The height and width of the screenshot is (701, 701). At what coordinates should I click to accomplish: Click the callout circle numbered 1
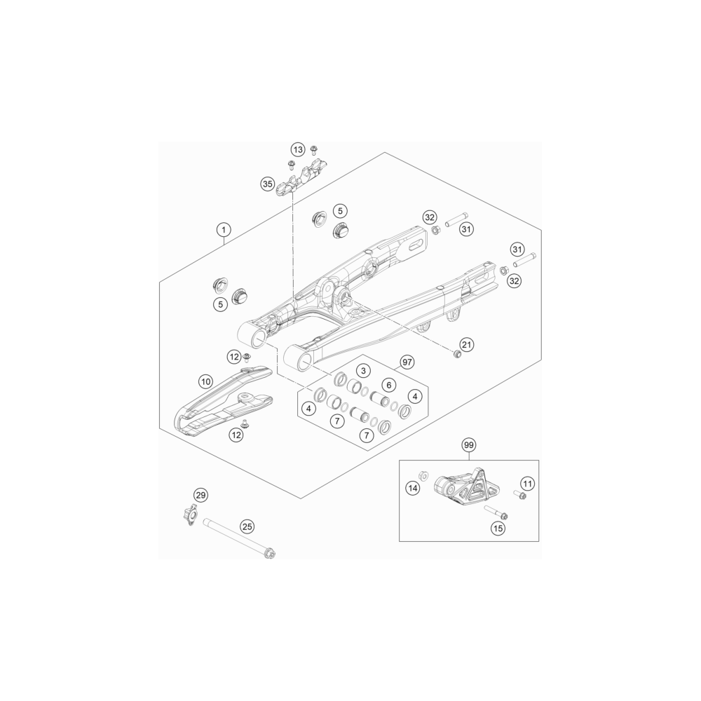click(224, 230)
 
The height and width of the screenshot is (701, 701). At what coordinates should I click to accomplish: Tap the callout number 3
click(363, 371)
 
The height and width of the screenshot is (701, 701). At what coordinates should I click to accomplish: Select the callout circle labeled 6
click(388, 385)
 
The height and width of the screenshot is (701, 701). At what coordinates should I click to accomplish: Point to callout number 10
click(205, 382)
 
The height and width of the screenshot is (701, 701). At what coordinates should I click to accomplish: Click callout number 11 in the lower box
click(528, 483)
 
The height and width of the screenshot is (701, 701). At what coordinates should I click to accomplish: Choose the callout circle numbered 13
click(298, 149)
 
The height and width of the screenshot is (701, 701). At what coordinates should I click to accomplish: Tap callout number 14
click(413, 488)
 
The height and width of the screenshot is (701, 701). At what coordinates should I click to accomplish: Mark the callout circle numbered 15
click(498, 529)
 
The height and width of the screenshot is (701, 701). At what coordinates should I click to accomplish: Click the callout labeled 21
click(467, 345)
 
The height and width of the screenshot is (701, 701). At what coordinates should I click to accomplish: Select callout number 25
click(247, 526)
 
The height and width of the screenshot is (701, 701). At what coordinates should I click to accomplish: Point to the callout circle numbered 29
click(200, 495)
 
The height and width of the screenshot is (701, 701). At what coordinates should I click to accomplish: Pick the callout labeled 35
click(267, 184)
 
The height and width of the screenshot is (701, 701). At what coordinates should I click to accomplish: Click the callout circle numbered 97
click(407, 362)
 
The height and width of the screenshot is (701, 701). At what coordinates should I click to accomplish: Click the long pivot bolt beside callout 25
click(239, 538)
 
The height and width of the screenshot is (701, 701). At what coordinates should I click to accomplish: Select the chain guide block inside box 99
click(466, 487)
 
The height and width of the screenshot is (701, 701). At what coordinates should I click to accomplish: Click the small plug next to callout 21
click(457, 355)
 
